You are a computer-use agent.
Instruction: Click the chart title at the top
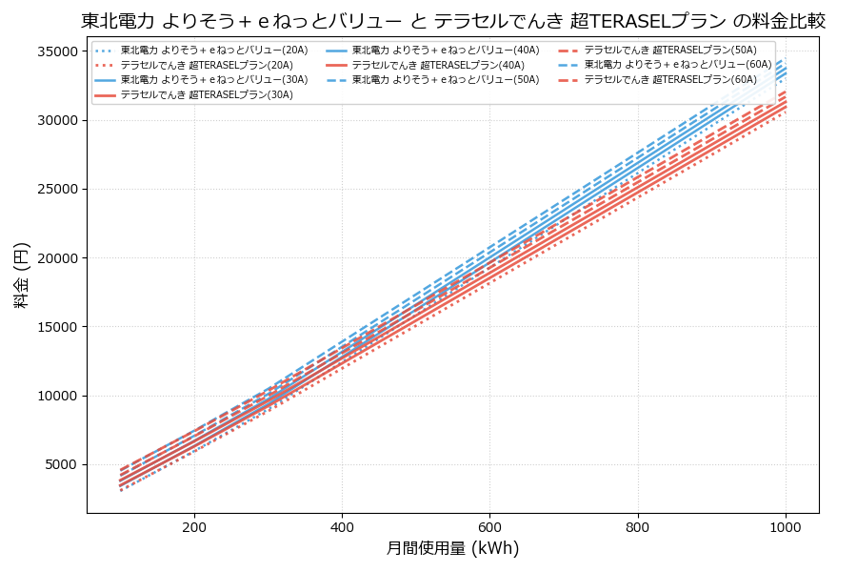[x=452, y=21]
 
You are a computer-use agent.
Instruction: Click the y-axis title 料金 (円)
[x=21, y=275]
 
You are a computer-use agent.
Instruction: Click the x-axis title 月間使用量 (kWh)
[x=452, y=548]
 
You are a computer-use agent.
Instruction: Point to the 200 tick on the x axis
[x=194, y=526]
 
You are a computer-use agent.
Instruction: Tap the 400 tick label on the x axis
[x=342, y=526]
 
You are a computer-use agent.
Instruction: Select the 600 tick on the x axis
[x=489, y=526]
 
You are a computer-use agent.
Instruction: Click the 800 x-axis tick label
[x=637, y=526]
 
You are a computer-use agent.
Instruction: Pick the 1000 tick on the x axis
[x=785, y=526]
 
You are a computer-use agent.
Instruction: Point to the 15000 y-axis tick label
[x=58, y=327]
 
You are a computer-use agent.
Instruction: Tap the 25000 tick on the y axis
[x=58, y=190]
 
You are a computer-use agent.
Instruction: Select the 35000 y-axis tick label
[x=58, y=51]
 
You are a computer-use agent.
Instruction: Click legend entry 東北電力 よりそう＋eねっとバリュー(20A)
[x=206, y=51]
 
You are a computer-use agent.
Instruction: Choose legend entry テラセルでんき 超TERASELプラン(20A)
[x=206, y=65]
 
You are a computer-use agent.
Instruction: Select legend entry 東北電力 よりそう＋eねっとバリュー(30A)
[x=206, y=80]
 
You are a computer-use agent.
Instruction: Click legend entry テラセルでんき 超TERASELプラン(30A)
[x=206, y=95]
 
